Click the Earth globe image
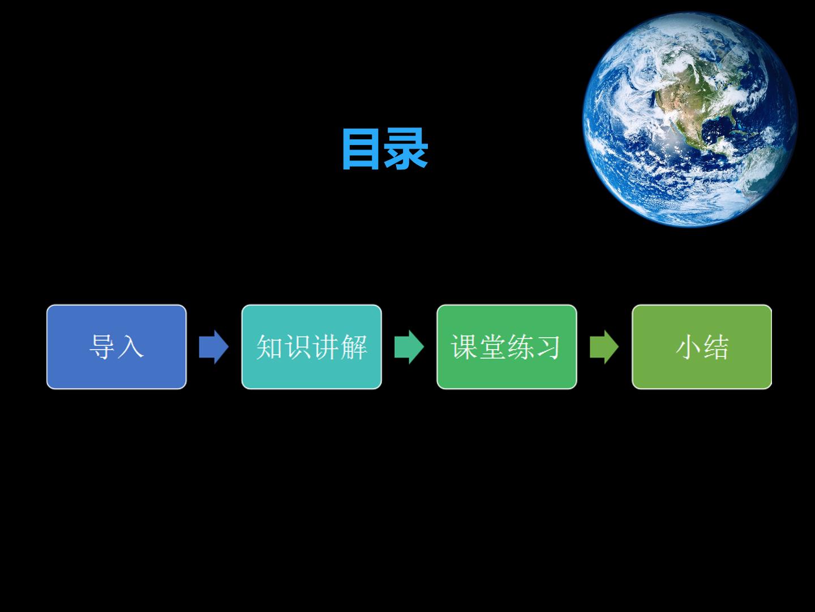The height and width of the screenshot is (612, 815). coord(690,120)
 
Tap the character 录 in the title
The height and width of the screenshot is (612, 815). coord(406,149)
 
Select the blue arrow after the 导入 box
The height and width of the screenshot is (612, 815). coord(213,347)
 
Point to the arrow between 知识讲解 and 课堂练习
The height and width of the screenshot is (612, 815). coord(409,347)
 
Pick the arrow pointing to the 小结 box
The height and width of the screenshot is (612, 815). coord(604,347)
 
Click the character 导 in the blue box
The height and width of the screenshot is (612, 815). coord(102,347)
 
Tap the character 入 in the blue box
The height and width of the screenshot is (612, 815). coord(130,347)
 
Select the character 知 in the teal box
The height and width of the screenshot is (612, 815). coord(269,347)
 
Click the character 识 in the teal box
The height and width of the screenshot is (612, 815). coord(298,347)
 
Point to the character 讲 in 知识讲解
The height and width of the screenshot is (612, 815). coord(325,347)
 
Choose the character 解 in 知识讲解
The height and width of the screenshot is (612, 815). coord(354,347)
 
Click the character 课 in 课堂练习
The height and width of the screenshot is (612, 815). coord(464,347)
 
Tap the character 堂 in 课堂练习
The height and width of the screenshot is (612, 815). coord(492,347)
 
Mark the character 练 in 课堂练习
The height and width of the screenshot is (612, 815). coord(521,347)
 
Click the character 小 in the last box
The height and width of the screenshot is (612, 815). coord(688,347)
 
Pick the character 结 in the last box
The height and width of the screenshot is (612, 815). coord(716,347)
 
